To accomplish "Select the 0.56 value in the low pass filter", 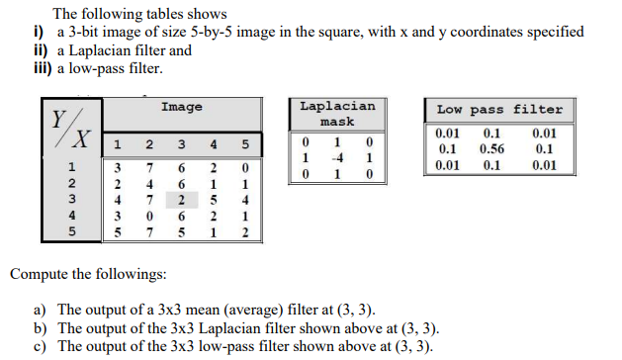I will pyautogui.click(x=491, y=149).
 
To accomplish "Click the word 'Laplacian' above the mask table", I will pyautogui.click(x=336, y=106).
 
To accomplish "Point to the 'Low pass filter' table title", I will pyautogui.click(x=499, y=110).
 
